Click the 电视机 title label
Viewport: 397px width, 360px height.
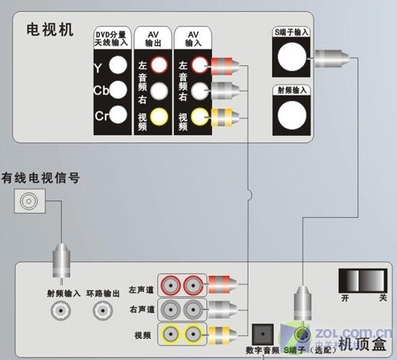49,30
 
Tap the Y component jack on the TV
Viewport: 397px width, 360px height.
119,66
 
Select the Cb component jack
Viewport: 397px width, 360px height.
119,90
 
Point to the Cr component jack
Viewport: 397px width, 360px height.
119,114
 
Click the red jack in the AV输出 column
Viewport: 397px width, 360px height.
160,64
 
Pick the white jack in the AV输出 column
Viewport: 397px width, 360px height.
160,91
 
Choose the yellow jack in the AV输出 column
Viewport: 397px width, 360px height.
160,118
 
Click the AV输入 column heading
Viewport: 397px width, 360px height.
192,39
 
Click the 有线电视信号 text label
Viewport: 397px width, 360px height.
40,177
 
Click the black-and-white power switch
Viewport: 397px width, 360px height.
364,281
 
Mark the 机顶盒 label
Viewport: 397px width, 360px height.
360,344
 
